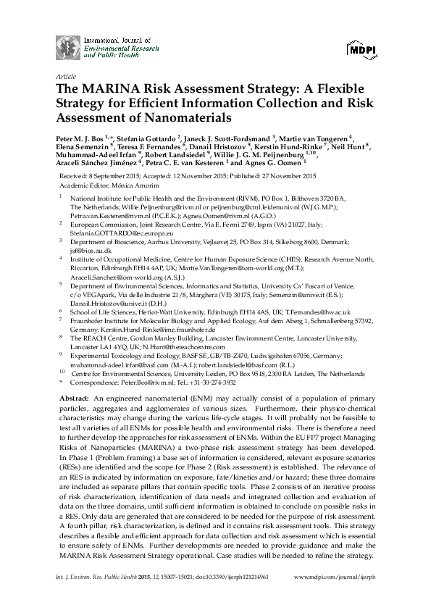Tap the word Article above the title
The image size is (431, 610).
pyautogui.click(x=65, y=75)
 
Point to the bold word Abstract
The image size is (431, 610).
pyautogui.click(x=72, y=400)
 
